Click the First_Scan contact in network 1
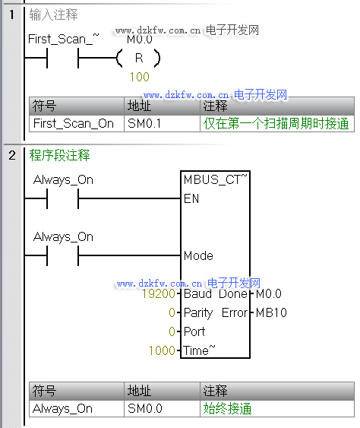[x=63, y=58]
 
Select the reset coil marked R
[x=138, y=58]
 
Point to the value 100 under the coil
[x=139, y=77]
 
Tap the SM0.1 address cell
[x=162, y=124]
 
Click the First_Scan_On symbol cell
[x=77, y=124]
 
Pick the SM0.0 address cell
[x=162, y=409]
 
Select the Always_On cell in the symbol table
[x=77, y=409]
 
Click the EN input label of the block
[x=191, y=198]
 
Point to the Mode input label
[x=198, y=255]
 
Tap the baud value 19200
[x=159, y=293]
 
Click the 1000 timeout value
[x=162, y=350]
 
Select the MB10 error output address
[x=271, y=312]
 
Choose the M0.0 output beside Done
[x=269, y=293]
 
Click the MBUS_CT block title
[x=215, y=179]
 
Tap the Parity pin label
[x=198, y=312]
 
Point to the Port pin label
[x=194, y=331]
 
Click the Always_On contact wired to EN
[x=63, y=198]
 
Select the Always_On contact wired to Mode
[x=63, y=255]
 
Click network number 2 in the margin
[x=12, y=155]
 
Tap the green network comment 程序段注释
[x=59, y=155]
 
